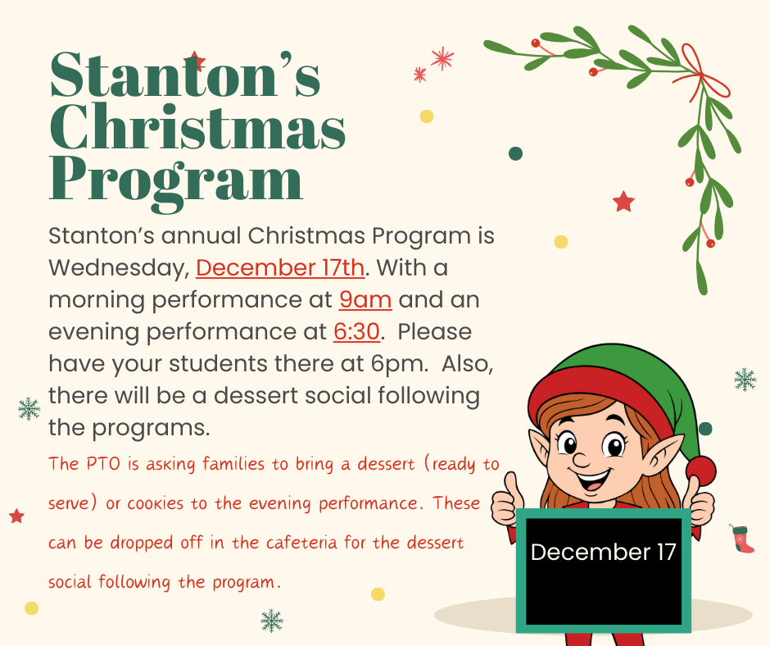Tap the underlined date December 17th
(280, 268)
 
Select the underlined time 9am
(365, 300)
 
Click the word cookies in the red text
(156, 503)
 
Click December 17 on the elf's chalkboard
(603, 552)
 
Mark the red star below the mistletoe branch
(624, 202)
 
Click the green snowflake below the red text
(271, 621)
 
